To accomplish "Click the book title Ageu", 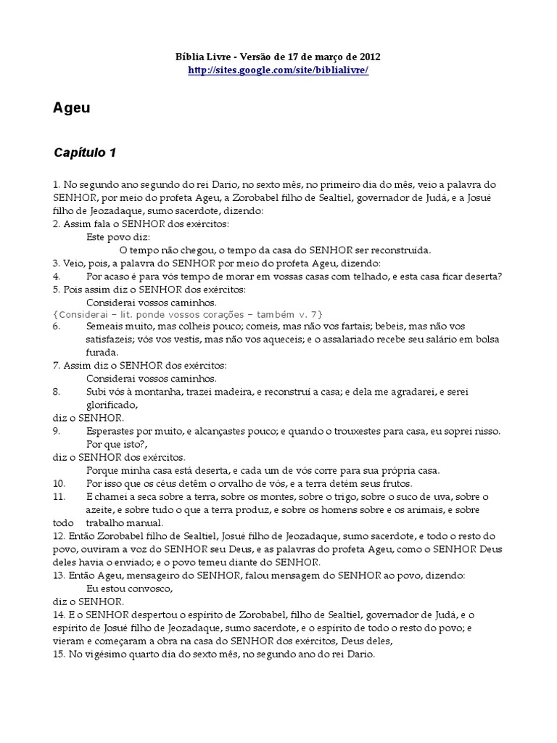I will [72, 108].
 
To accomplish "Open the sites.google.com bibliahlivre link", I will [278, 70].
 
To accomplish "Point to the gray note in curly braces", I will [188, 313].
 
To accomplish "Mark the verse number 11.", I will [59, 496].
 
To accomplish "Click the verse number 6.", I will [57, 327].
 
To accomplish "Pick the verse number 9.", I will [57, 431].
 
